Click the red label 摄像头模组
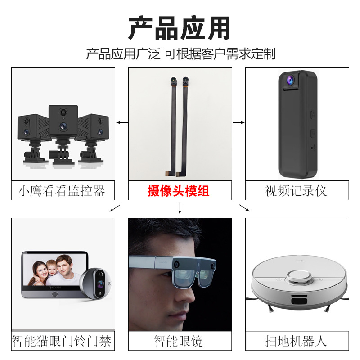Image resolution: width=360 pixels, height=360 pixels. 179,191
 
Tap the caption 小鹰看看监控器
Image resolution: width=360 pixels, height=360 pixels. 62,191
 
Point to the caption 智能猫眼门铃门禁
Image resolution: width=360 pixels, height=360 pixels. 62,341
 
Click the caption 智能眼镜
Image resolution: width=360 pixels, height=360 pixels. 179,341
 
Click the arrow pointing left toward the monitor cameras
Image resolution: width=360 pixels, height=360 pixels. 121,122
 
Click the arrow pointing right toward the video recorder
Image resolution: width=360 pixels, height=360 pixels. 238,122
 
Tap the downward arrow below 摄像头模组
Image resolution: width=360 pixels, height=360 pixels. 180,208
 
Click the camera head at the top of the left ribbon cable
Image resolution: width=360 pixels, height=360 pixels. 173,82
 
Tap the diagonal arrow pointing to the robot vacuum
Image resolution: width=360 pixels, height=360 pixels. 244,207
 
